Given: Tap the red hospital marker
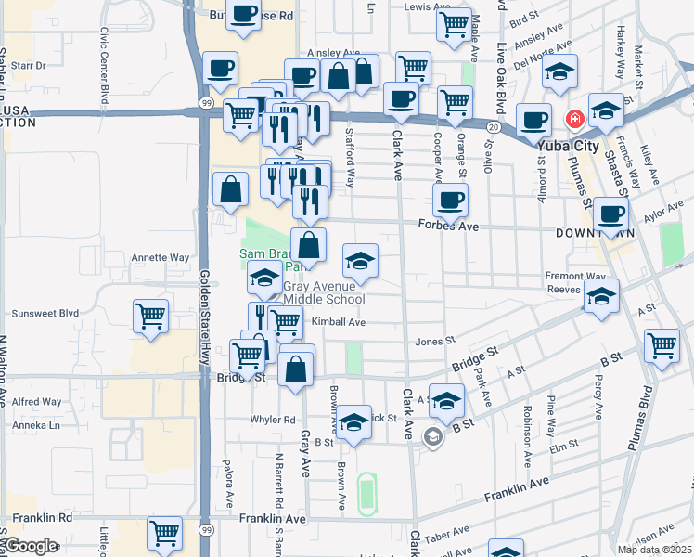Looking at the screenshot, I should tap(574, 120).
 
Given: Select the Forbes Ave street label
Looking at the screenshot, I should tap(448, 226).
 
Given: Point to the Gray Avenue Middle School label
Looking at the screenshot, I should tap(323, 292).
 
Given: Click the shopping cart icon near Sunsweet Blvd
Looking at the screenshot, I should tap(150, 315).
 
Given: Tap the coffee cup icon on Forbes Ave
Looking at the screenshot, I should tap(451, 200).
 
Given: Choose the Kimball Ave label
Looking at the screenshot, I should tap(339, 322).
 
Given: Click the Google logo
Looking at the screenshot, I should tap(31, 546).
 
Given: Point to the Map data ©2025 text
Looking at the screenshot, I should tap(654, 550).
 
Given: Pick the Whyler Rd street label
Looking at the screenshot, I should tap(272, 420).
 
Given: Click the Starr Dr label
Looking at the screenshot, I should tap(29, 66).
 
